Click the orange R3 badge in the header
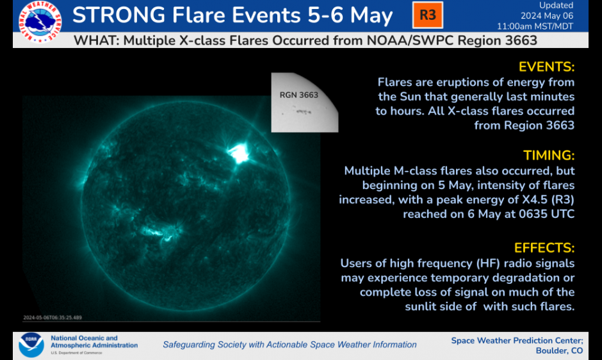click(427, 15)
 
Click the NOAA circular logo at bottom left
click(31, 345)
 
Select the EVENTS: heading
click(546, 67)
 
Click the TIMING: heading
click(549, 156)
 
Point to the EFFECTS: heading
click(544, 248)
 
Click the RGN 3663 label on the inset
click(298, 95)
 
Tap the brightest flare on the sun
click(240, 152)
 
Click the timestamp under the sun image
click(53, 317)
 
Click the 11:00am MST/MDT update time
click(535, 26)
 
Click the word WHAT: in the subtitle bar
click(96, 41)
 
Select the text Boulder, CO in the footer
click(559, 350)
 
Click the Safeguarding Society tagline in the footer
click(289, 345)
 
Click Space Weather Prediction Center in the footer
click(516, 340)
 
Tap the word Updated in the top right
click(556, 5)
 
